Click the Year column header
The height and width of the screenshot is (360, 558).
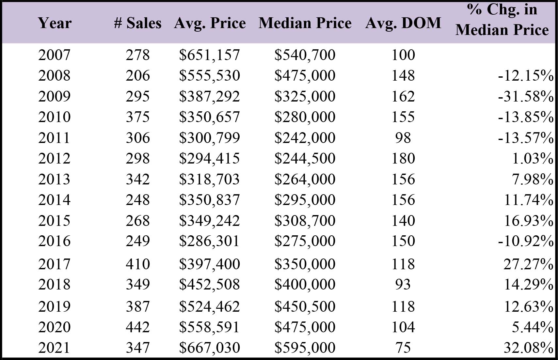pos(55,23)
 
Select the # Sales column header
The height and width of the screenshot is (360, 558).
pos(138,23)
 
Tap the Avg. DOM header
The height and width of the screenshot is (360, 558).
pos(403,23)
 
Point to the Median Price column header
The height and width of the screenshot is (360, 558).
pos(305,23)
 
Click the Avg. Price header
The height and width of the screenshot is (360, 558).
pos(210,23)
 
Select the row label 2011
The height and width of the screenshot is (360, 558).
pos(54,138)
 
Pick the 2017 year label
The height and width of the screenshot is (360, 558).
pos(54,264)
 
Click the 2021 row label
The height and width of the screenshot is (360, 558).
pos(54,348)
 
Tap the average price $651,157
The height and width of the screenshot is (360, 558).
pos(210,55)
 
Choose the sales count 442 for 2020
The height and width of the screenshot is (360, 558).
pos(138,327)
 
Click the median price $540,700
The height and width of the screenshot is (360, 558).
pos(305,55)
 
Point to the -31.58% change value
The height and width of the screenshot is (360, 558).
pos(526,96)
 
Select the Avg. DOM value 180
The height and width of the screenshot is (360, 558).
pos(403,158)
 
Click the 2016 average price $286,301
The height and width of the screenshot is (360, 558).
pos(210,241)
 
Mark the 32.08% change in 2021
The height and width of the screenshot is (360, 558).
pos(528,348)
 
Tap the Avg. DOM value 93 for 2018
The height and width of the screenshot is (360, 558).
pos(403,284)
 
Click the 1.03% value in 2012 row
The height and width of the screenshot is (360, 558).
pos(533,158)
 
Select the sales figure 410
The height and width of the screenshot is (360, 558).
pos(138,264)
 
